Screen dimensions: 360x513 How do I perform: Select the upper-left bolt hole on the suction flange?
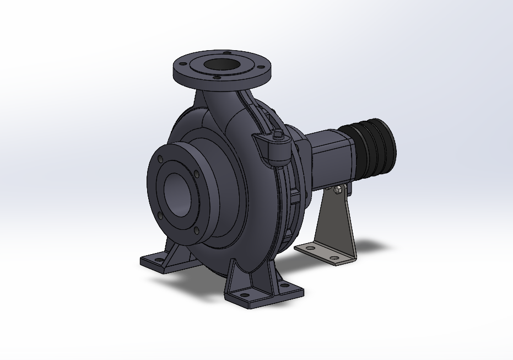click(160, 159)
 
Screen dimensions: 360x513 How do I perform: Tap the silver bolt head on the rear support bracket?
click(337, 191)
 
